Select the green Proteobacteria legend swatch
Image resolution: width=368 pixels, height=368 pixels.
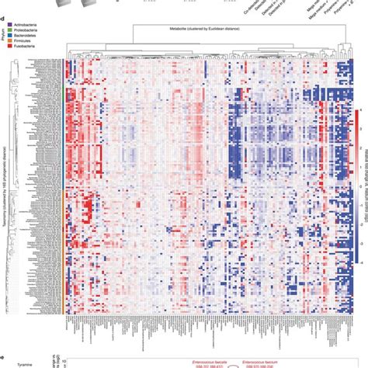coord(9,32)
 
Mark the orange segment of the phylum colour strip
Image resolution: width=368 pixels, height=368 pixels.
coord(63,248)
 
